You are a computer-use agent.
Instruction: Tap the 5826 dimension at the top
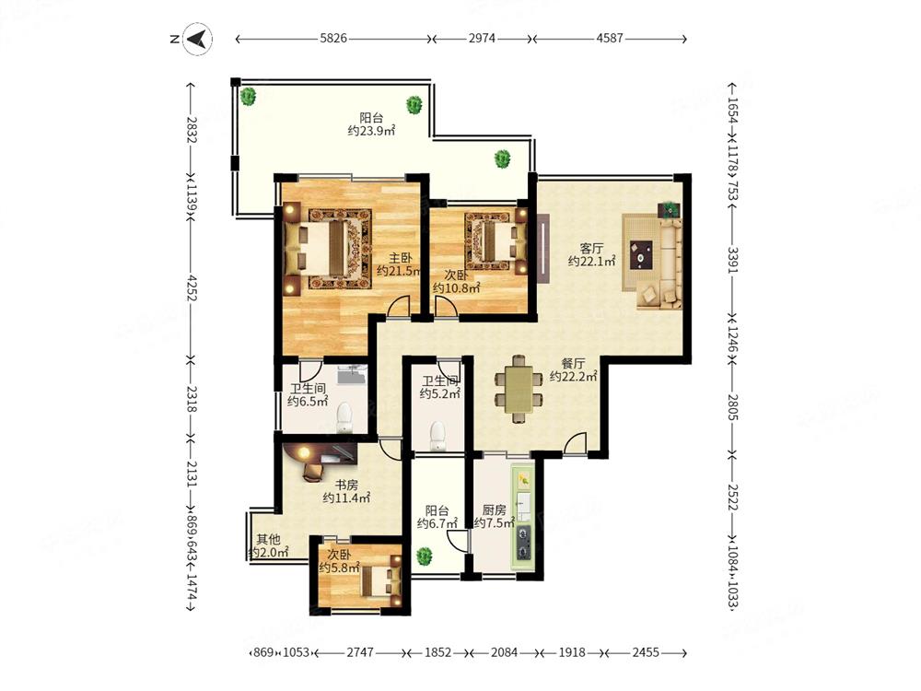click(x=333, y=38)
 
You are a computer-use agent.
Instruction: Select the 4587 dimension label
click(x=609, y=38)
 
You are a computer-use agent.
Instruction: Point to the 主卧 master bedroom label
click(x=400, y=257)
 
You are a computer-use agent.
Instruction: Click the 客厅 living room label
click(x=591, y=248)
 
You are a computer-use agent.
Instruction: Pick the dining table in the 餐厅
click(x=518, y=389)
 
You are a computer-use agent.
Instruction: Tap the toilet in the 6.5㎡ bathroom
click(x=344, y=417)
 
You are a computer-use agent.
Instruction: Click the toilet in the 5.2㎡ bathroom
click(x=437, y=436)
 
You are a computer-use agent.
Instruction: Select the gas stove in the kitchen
click(x=523, y=543)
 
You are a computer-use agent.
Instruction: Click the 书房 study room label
click(x=346, y=485)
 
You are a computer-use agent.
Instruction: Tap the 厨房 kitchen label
click(x=494, y=509)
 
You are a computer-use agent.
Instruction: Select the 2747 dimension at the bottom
click(x=359, y=652)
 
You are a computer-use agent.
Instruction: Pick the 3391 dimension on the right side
click(x=732, y=259)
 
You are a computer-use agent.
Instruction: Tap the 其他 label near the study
click(x=268, y=539)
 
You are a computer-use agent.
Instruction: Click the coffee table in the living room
click(x=641, y=255)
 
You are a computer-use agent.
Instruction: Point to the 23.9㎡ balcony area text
click(x=371, y=131)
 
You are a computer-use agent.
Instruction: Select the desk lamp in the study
click(x=303, y=452)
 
